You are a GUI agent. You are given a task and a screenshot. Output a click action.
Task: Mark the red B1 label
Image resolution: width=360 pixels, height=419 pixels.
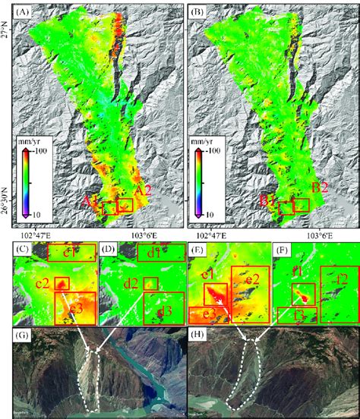pyautogui.click(x=267, y=201)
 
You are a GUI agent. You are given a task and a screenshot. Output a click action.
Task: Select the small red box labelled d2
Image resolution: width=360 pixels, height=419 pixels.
pyautogui.click(x=152, y=284)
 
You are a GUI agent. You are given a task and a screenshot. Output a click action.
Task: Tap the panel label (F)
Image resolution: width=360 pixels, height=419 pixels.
pyautogui.click(x=286, y=250)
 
